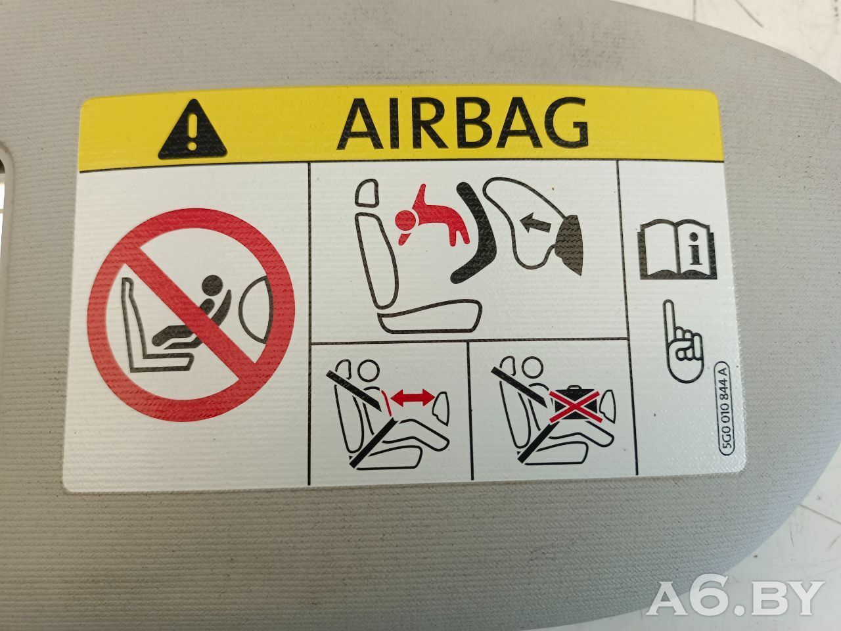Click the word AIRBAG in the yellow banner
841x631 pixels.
tap(463, 123)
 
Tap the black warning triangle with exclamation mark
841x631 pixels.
tap(193, 130)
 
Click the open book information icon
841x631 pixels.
tap(677, 248)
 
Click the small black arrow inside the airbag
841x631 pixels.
tap(535, 223)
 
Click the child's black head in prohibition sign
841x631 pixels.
tap(214, 286)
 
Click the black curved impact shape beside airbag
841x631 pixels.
tap(475, 232)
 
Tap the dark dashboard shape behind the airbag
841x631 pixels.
tap(570, 245)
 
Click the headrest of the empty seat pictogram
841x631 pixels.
tap(366, 193)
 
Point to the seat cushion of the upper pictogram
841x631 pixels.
tap(430, 317)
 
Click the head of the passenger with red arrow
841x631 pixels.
tap(368, 369)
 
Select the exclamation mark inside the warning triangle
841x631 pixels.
tap(193, 131)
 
